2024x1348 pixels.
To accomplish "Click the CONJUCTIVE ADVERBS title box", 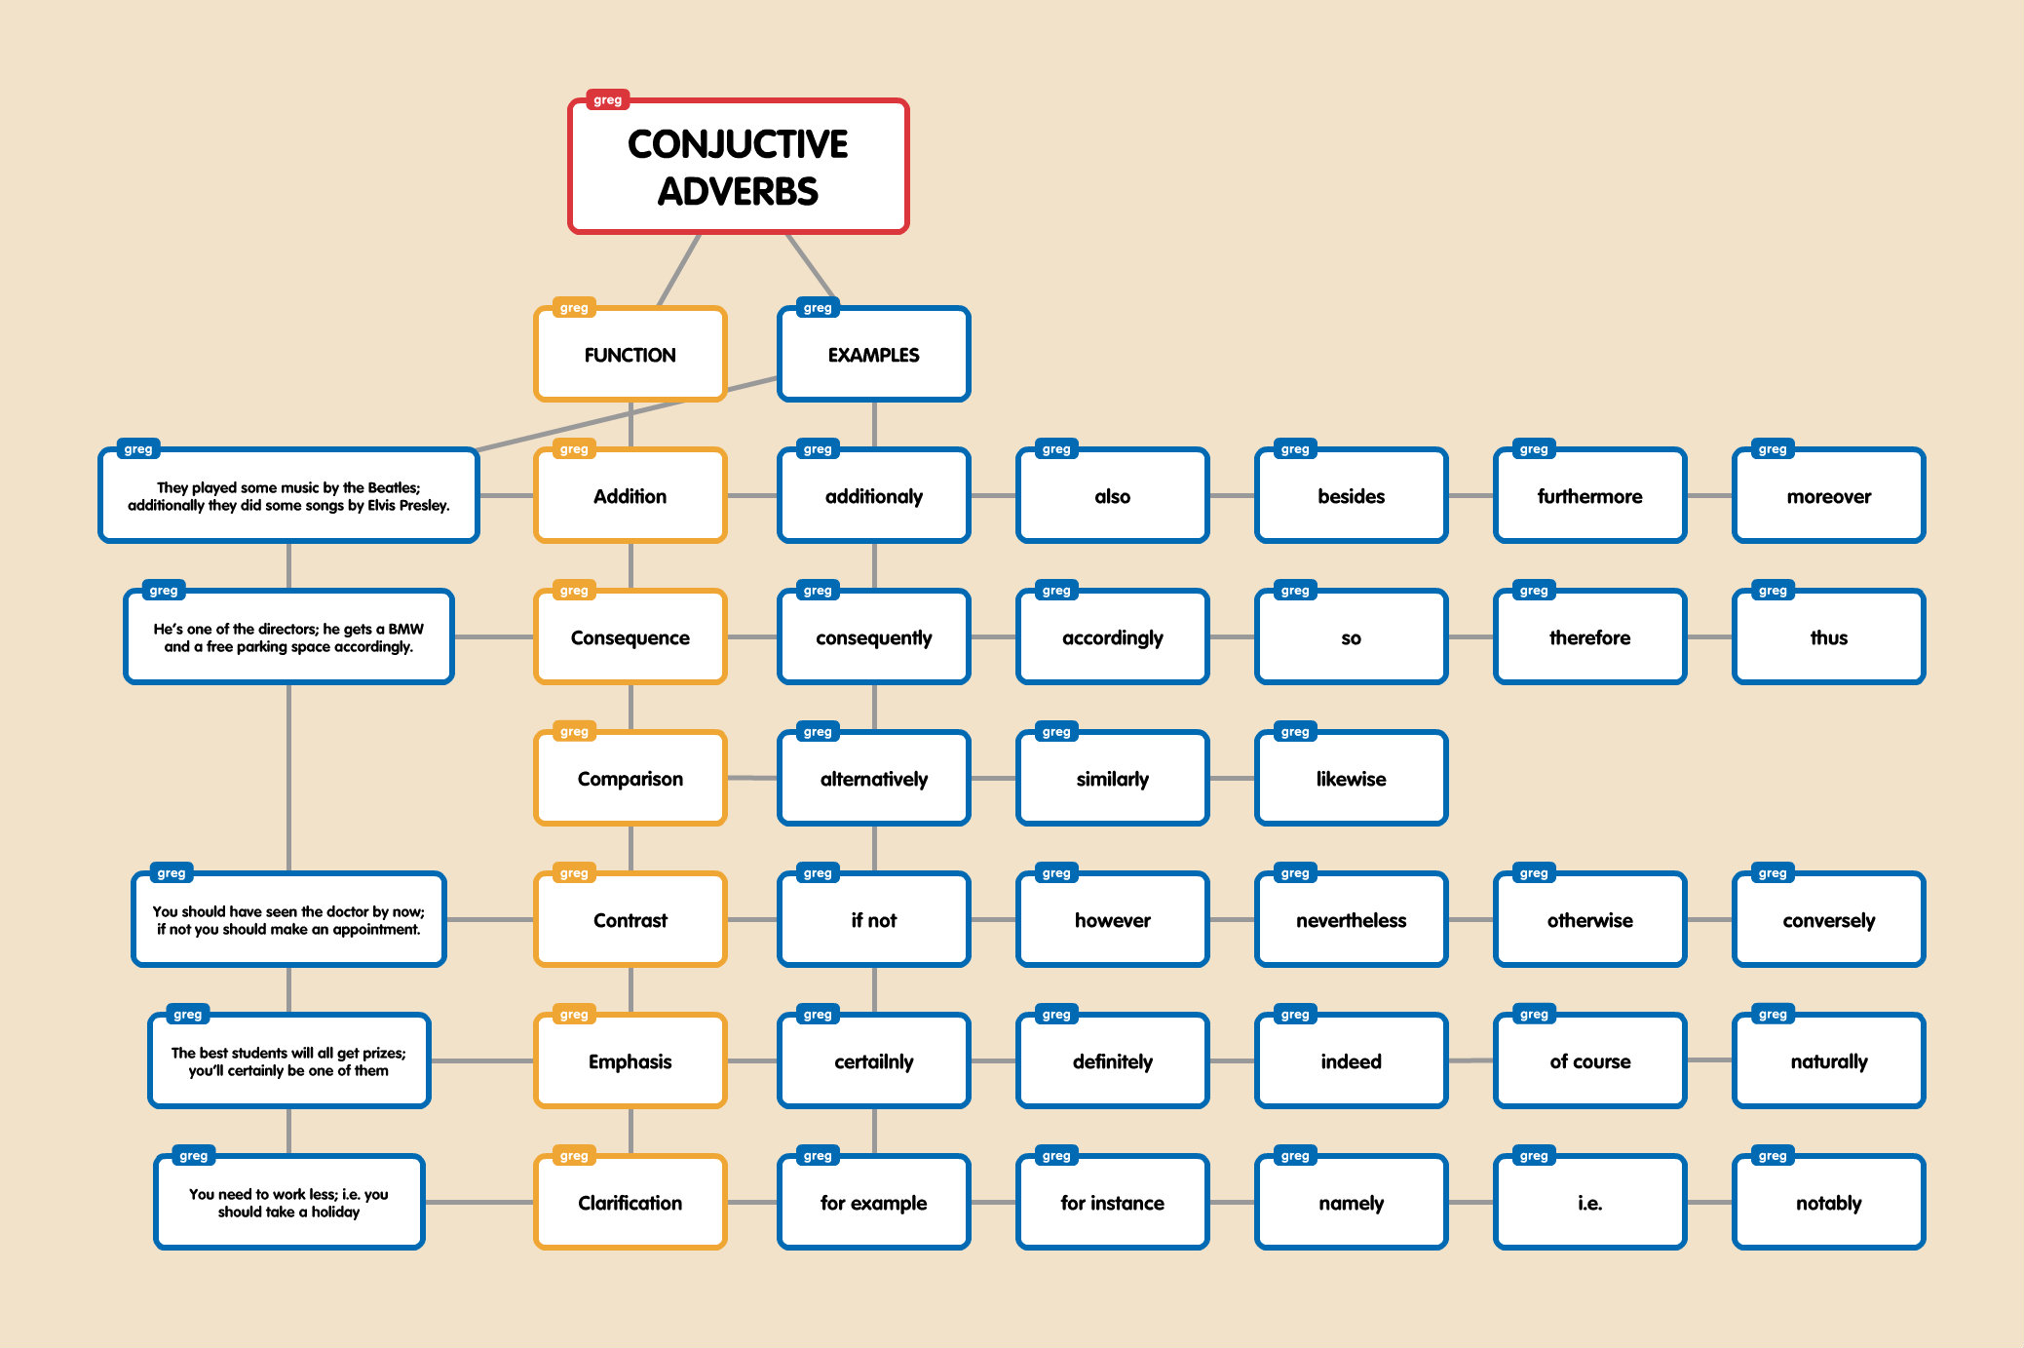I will (738, 167).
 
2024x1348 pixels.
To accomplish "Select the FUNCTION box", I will (630, 355).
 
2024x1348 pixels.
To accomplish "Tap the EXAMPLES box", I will (873, 355).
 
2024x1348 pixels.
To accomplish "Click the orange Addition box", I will (630, 496).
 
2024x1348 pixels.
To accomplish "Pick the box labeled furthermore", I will (1589, 496).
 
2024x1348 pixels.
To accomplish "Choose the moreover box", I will (1828, 496).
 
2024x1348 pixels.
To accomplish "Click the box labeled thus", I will (1828, 637).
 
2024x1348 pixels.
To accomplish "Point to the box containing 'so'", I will (1351, 637).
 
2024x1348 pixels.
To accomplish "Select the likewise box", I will (1351, 779).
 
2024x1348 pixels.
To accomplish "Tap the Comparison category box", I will (630, 779).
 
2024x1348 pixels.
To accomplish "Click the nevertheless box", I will (1351, 920).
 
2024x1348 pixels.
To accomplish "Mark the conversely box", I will (1828, 920).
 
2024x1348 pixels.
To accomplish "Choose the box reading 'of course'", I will (1589, 1061).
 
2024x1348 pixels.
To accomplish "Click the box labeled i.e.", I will (1589, 1203).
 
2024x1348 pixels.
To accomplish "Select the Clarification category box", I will (630, 1203).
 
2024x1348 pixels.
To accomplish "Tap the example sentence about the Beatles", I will (288, 496).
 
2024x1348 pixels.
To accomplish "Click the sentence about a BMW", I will (288, 637).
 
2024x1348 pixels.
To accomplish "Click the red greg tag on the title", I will (607, 99).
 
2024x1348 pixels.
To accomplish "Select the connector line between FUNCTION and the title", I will (678, 270).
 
